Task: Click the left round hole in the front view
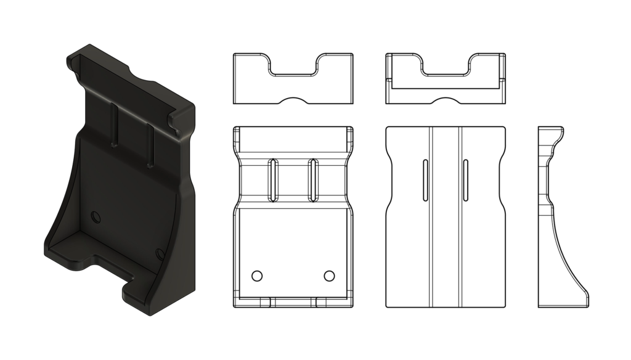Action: coord(258,274)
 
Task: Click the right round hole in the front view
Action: coord(329,274)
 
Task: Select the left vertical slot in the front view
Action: coord(273,179)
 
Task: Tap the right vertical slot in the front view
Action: coord(313,179)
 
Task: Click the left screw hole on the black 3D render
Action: coord(95,216)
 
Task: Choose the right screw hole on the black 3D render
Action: coord(160,253)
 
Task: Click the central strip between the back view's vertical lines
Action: coord(446,216)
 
